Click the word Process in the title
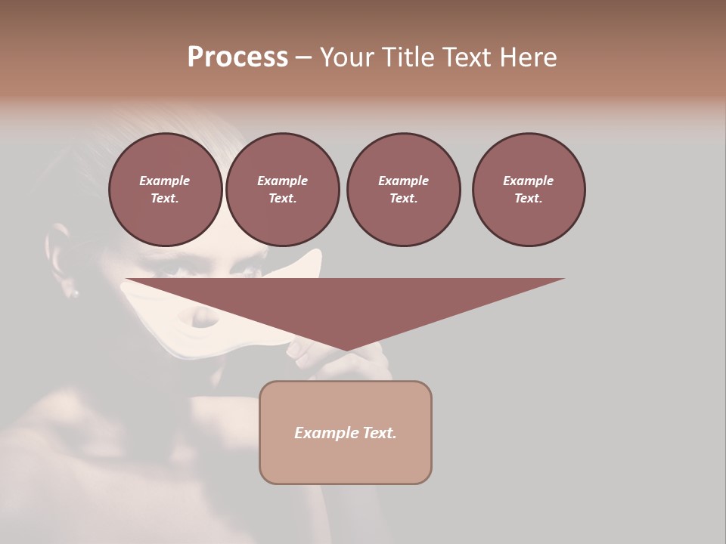point(237,57)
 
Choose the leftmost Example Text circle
point(165,190)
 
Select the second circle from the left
point(282,190)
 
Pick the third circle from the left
point(403,190)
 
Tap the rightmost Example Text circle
point(528,190)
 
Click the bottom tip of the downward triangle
point(346,350)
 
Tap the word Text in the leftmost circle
point(165,199)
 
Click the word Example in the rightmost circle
point(528,181)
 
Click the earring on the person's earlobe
point(74,292)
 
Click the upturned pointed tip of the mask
point(315,255)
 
